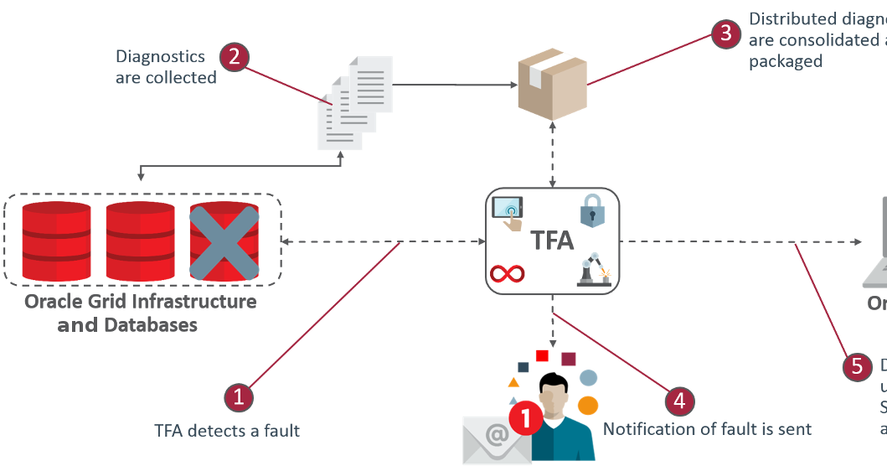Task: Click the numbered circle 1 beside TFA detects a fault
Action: pos(239,397)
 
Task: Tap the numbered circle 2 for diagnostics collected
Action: pos(235,56)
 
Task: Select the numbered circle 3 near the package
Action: pos(725,34)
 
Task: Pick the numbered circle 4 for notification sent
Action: pos(679,401)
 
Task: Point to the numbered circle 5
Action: pos(856,366)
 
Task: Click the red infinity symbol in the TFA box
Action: pos(508,273)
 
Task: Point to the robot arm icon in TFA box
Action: pos(594,271)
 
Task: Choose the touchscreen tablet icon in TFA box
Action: pos(508,212)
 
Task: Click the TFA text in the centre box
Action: pos(552,241)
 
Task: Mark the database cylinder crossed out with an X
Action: pos(223,241)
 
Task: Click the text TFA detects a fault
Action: pos(227,431)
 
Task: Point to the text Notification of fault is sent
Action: pos(707,429)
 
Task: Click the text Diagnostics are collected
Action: pos(165,67)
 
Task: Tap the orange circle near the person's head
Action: pos(589,405)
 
